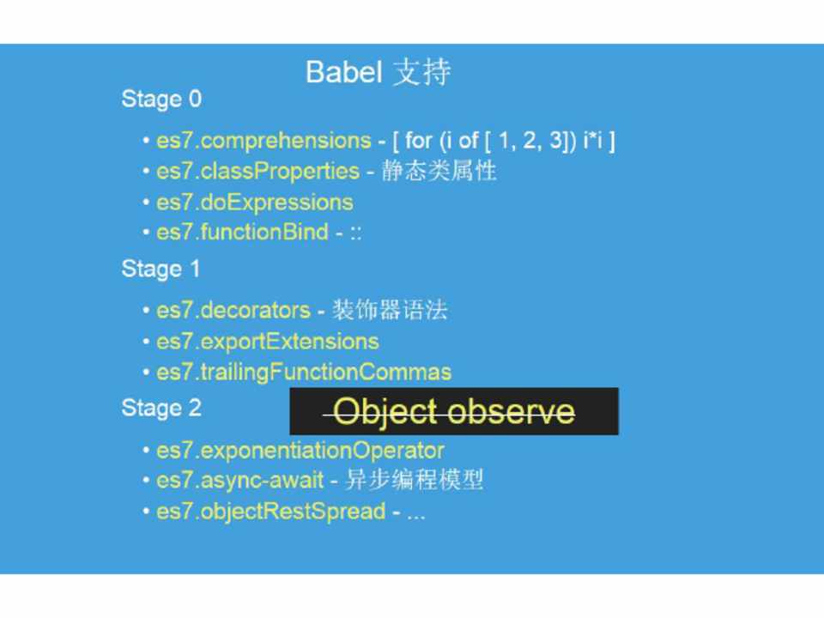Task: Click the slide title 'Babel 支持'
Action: (x=379, y=72)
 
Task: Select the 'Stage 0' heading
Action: (x=161, y=100)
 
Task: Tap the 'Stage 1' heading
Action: (x=161, y=269)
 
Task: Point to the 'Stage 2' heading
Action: (x=161, y=409)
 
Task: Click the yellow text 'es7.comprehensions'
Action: (x=264, y=141)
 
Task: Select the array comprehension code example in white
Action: (x=504, y=141)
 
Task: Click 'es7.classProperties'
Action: (x=258, y=172)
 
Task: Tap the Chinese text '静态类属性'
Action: (x=439, y=171)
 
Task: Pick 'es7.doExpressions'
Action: (x=255, y=203)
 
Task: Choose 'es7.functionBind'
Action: (x=242, y=232)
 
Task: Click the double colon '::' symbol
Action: (x=355, y=233)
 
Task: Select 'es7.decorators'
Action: (x=233, y=310)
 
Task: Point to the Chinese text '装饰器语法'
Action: (x=390, y=310)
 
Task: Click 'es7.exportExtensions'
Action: (x=268, y=342)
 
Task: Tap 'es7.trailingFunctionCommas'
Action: (x=304, y=372)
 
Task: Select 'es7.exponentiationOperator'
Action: (x=300, y=451)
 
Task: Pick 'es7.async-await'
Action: (x=240, y=481)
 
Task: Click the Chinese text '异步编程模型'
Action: (x=414, y=479)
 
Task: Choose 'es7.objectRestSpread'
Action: (x=271, y=512)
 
